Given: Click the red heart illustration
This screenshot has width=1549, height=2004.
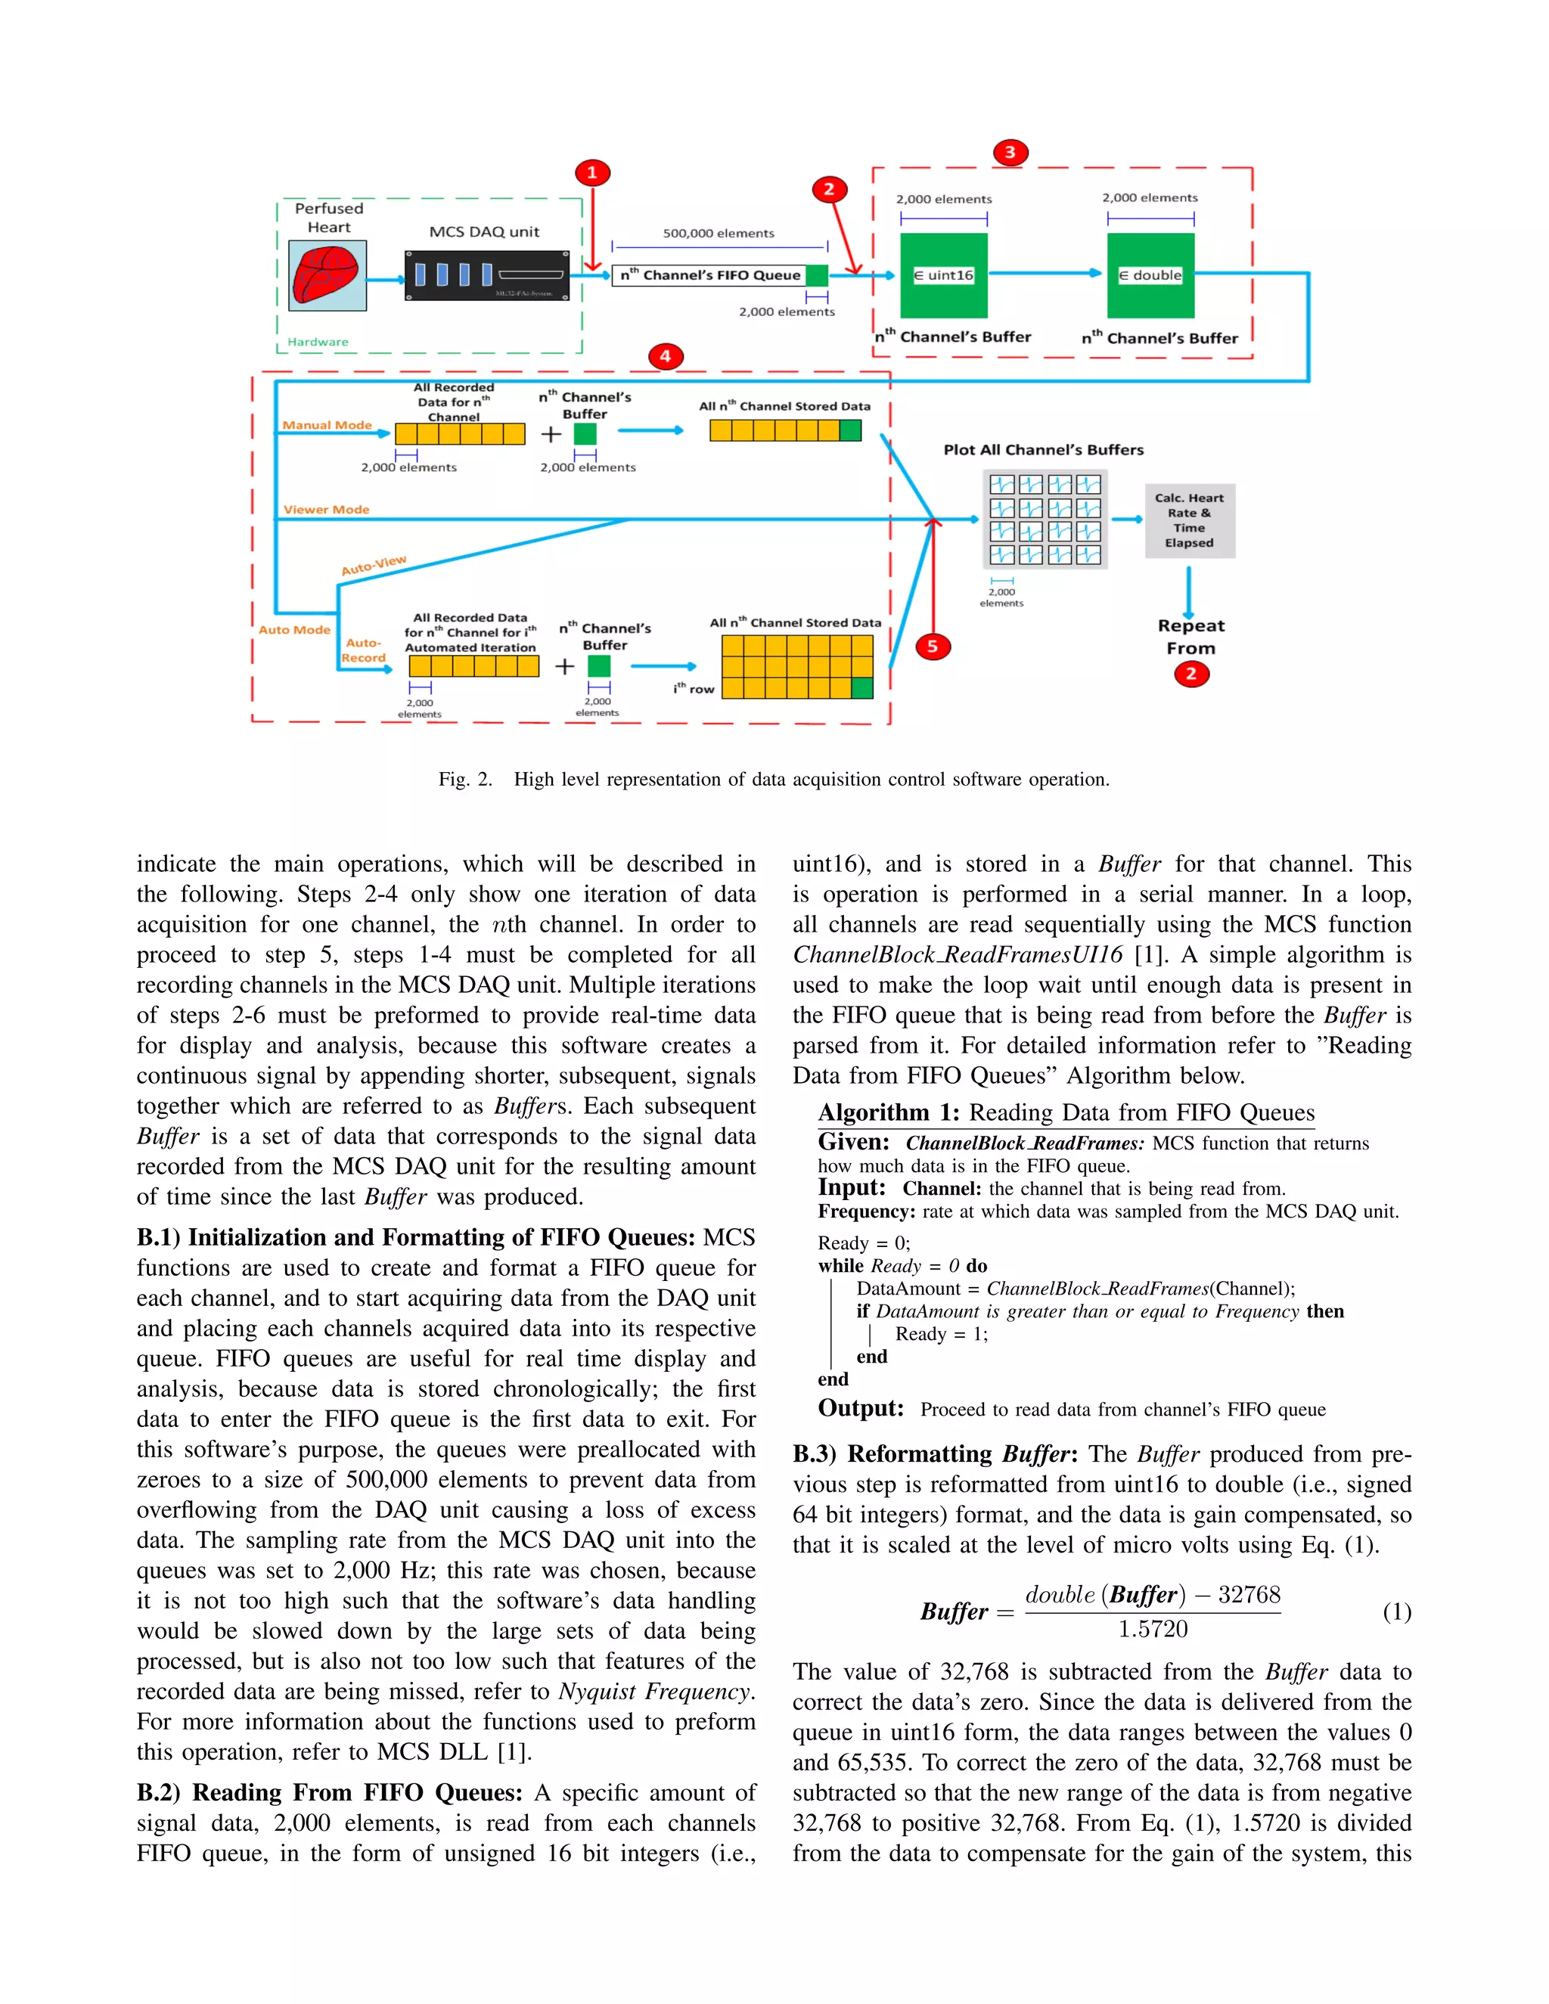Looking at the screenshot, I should coord(327,275).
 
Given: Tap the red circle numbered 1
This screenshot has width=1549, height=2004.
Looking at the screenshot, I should coord(592,172).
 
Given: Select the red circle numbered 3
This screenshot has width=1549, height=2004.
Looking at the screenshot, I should coord(1010,152).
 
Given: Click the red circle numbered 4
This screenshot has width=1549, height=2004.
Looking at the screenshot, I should coord(666,356).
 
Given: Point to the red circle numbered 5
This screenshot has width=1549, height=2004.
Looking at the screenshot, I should coord(933,646).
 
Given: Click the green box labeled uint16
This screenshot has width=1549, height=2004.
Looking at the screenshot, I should coord(943,275).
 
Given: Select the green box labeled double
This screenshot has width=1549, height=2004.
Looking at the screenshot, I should coord(1150,275).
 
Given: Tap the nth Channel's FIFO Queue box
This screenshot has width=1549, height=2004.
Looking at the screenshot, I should coord(709,275).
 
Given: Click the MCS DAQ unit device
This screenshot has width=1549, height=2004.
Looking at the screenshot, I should coord(487,275).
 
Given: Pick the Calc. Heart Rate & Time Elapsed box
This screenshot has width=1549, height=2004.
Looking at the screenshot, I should coord(1189,520).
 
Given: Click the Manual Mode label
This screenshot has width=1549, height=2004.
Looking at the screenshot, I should coord(327,425).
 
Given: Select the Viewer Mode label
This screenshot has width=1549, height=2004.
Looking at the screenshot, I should coord(326,509).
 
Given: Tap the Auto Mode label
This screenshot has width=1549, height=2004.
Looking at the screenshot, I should coord(293,629).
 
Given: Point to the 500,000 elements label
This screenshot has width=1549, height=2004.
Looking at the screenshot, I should coord(719,233).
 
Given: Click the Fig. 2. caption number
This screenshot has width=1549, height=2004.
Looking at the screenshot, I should coord(465,779).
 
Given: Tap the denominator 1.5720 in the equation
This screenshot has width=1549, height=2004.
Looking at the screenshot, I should coord(1153,1630).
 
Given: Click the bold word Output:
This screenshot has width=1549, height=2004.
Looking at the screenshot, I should coord(861,1409).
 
